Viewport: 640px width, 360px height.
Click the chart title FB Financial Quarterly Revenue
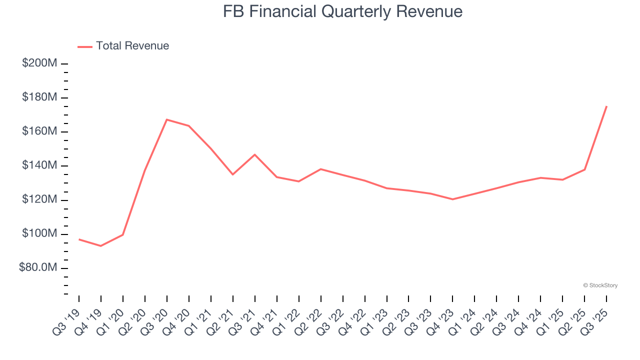pyautogui.click(x=342, y=11)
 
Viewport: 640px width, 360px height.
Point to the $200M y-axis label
pyautogui.click(x=39, y=63)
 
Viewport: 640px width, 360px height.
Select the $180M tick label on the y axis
pyautogui.click(x=39, y=97)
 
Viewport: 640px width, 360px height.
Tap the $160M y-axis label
pyautogui.click(x=39, y=131)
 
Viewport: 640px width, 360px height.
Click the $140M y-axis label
pyautogui.click(x=39, y=165)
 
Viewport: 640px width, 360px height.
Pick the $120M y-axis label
pyautogui.click(x=39, y=200)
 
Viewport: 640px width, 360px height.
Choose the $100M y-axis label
pyautogui.click(x=39, y=234)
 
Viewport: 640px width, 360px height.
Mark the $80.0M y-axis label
pyautogui.click(x=38, y=268)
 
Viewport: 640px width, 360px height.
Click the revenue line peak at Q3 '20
pyautogui.click(x=166, y=119)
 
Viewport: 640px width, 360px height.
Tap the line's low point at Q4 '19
pyautogui.click(x=101, y=246)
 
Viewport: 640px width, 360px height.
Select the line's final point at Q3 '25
pyautogui.click(x=606, y=106)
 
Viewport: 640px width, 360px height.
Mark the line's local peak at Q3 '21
pyautogui.click(x=255, y=154)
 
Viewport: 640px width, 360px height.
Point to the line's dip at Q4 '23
pyautogui.click(x=452, y=199)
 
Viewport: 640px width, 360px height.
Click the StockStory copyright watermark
pyautogui.click(x=600, y=285)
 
